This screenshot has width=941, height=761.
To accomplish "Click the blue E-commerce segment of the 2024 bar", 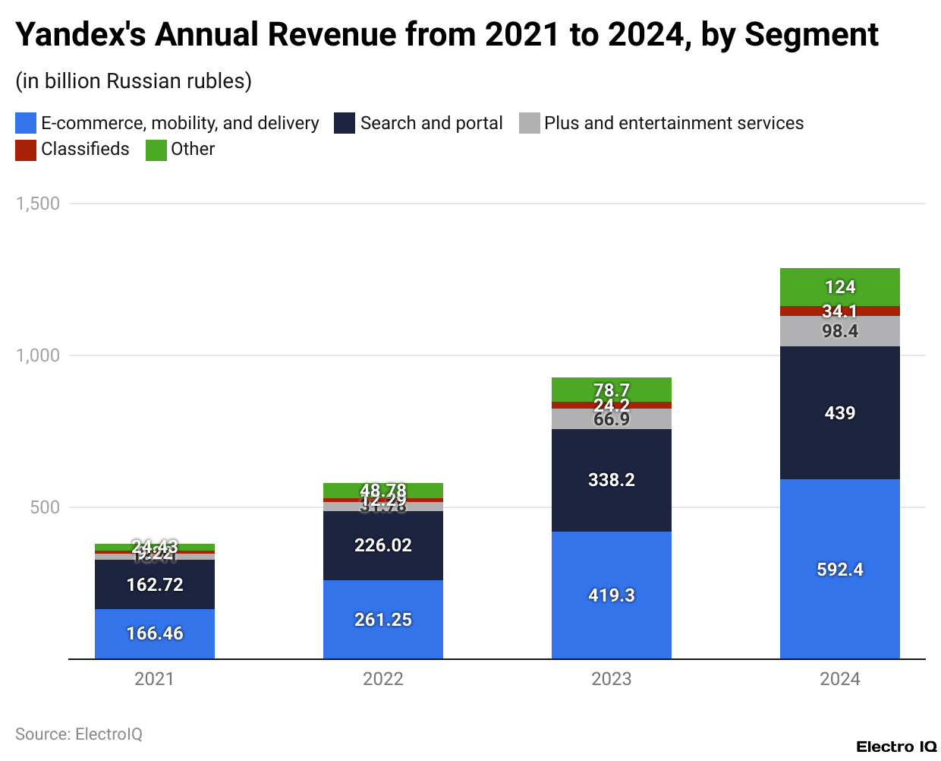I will (x=839, y=532).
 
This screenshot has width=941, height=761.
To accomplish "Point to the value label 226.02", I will (x=382, y=545).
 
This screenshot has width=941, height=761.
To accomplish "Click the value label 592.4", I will (x=839, y=570).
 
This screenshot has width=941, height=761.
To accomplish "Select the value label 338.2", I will (x=611, y=480).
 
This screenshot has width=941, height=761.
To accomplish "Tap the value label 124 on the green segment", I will (x=839, y=287).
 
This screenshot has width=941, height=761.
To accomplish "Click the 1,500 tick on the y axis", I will (x=38, y=204).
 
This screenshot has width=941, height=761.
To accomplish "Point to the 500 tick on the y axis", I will (x=45, y=507).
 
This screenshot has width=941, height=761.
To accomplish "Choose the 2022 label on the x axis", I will (x=382, y=679).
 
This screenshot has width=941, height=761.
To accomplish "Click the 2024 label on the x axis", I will (x=839, y=679).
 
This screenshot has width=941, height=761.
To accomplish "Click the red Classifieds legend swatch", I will (x=26, y=150).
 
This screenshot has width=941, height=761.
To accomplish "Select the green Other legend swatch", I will (x=156, y=150).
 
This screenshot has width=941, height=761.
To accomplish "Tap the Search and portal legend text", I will (x=431, y=123).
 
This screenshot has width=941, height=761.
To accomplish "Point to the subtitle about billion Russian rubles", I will (x=134, y=81).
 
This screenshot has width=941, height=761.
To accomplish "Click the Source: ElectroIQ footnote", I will (x=79, y=734).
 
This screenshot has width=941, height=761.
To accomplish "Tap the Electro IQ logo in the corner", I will (x=896, y=747).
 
